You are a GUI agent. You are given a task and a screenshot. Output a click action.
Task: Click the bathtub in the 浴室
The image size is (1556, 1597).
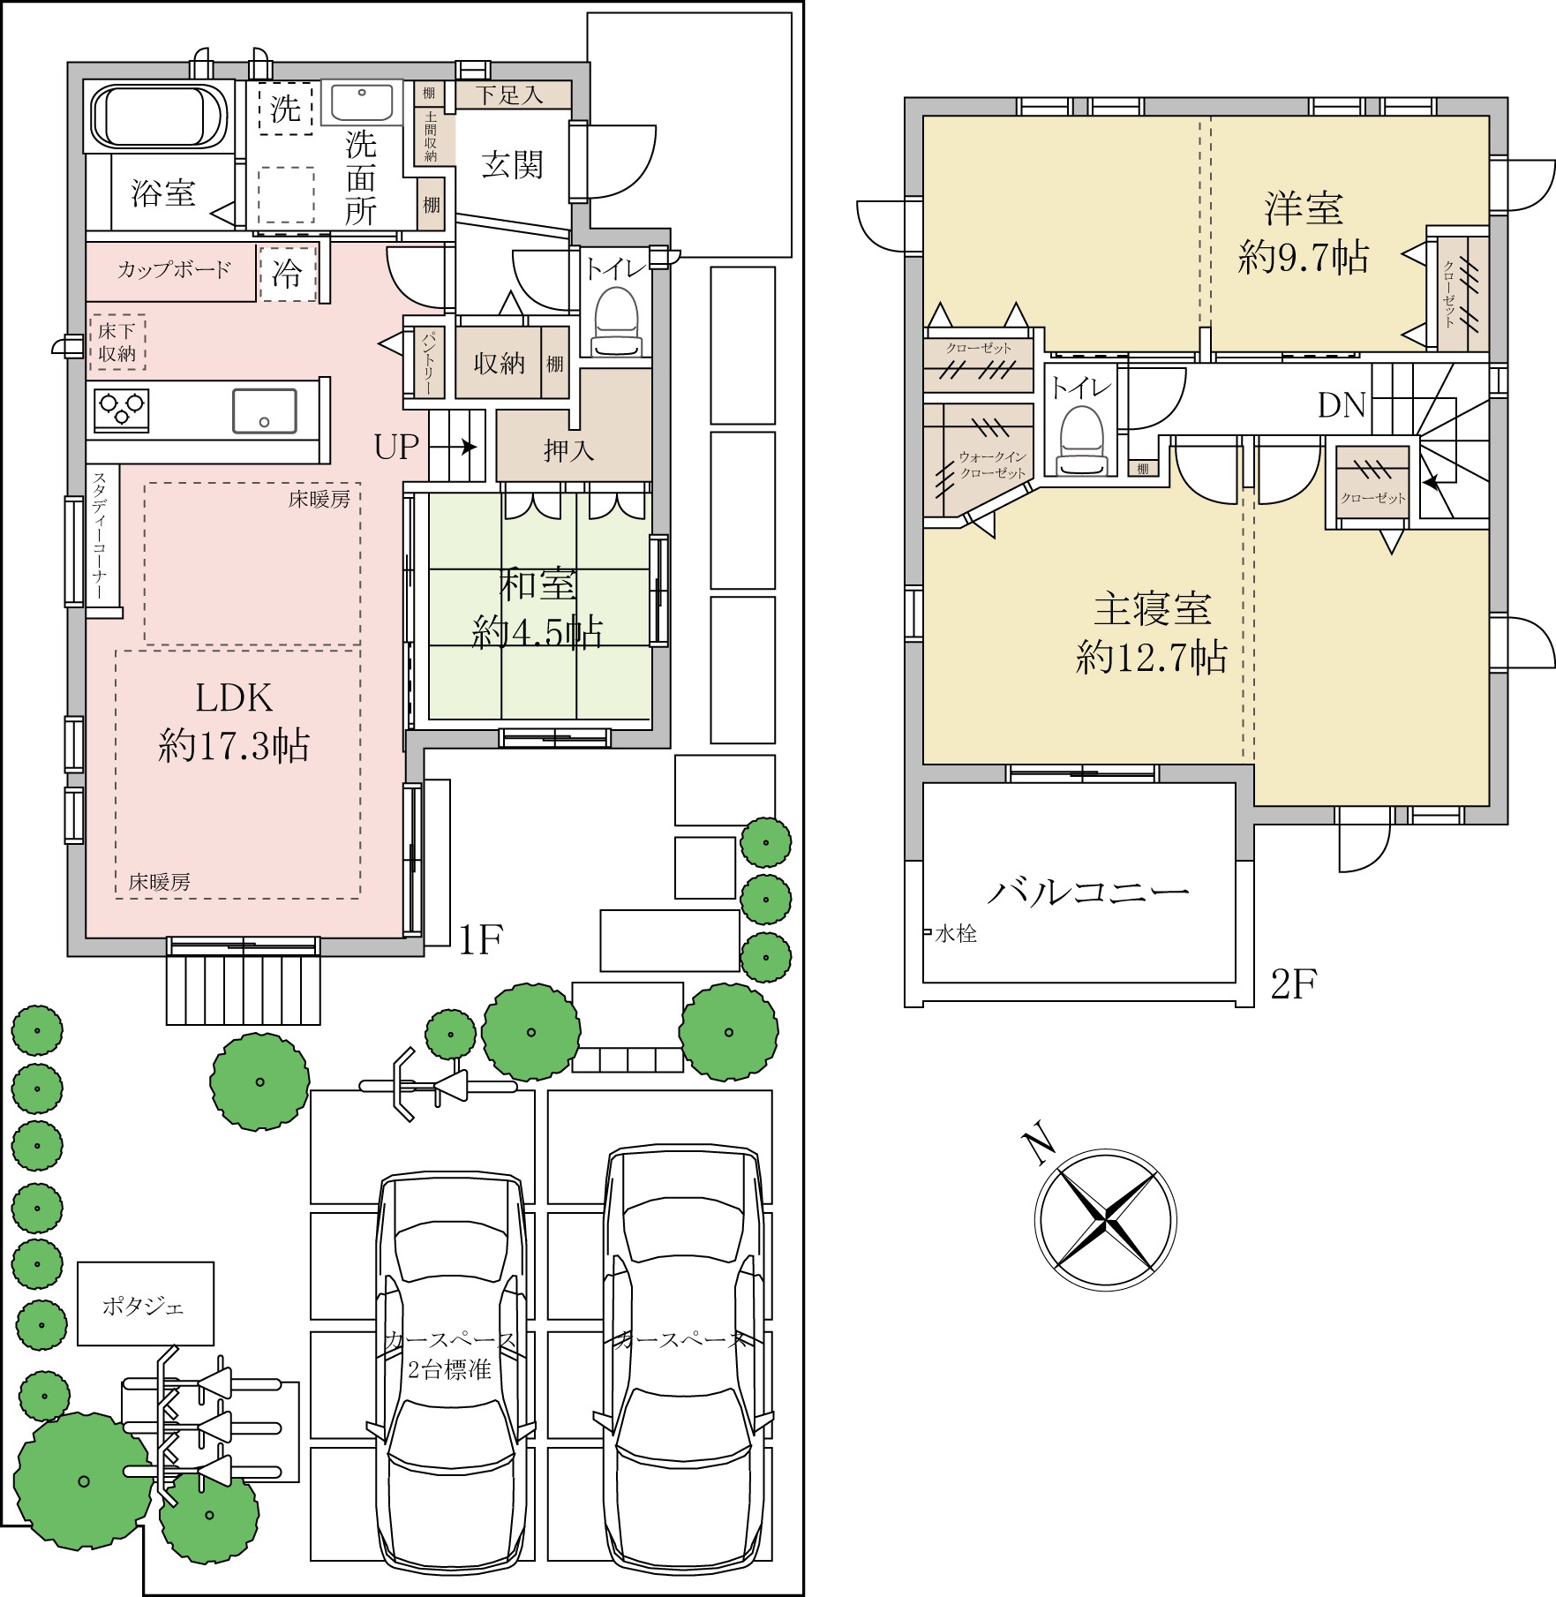(160, 117)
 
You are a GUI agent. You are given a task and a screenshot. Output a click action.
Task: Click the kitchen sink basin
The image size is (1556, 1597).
(264, 411)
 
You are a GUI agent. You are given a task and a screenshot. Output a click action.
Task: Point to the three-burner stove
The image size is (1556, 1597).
(121, 411)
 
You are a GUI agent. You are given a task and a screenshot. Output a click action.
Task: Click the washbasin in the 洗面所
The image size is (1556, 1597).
(362, 102)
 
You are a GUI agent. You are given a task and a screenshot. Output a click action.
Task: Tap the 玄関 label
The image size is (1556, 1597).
(512, 165)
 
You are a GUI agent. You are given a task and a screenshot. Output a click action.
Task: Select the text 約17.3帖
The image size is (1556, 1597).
(234, 746)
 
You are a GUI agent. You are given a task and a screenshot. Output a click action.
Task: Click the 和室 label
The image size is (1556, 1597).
(538, 584)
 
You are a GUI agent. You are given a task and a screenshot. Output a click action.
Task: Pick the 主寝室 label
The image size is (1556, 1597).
(1152, 609)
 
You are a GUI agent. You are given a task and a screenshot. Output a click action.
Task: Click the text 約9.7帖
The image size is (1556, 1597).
(1303, 257)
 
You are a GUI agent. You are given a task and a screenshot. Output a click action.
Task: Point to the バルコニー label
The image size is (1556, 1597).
(1088, 892)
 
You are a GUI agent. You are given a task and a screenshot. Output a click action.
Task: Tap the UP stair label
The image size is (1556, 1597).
(396, 447)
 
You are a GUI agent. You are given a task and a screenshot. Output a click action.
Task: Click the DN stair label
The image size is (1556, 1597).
(1342, 405)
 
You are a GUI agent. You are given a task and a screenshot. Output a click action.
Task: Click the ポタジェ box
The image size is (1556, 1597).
(146, 1303)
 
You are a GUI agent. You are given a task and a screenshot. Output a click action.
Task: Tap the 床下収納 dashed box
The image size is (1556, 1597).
(117, 343)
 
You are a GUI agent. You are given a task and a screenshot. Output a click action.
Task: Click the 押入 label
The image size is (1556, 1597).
(569, 450)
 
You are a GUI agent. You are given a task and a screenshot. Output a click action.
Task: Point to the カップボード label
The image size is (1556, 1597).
(175, 270)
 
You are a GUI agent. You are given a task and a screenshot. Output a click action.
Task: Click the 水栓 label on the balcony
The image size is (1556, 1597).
(956, 933)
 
